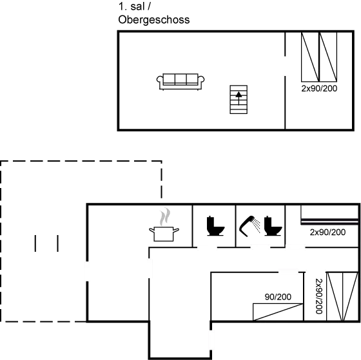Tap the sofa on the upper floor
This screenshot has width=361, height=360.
180,80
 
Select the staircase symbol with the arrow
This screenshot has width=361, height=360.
239,99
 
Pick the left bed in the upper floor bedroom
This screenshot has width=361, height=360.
310,57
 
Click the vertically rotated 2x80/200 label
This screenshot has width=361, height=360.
318,297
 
